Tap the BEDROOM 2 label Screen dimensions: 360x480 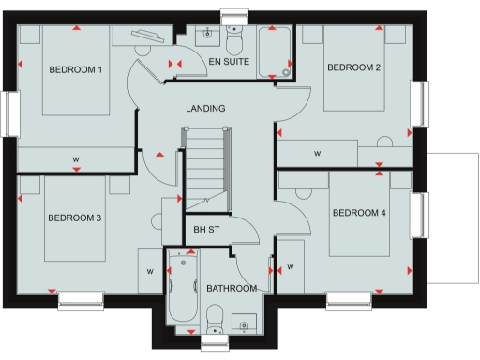click(x=353, y=67)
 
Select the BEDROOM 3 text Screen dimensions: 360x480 click(x=74, y=218)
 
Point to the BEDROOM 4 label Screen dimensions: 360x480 click(x=358, y=212)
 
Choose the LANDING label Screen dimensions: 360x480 click(x=205, y=109)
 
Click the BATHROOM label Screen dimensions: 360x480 click(x=232, y=289)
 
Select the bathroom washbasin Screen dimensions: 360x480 click(x=245, y=323)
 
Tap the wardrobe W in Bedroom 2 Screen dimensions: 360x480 click(x=317, y=153)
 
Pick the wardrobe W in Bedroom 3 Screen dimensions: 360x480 click(x=149, y=272)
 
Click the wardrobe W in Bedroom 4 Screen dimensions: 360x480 click(x=291, y=268)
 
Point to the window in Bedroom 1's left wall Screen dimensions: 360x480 click(x=10, y=113)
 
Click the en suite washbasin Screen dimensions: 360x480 click(x=206, y=34)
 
